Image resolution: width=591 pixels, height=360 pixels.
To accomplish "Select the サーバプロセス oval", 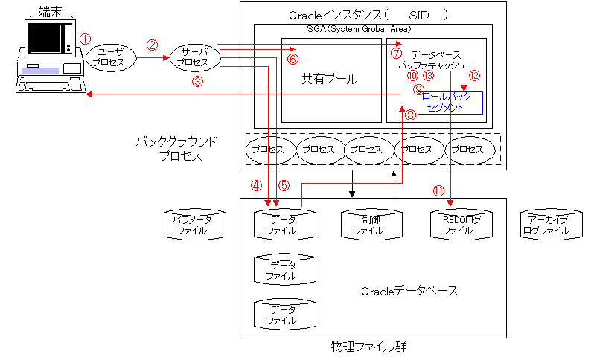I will coord(194,57).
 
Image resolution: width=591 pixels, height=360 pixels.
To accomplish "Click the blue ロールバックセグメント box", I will coord(450,103).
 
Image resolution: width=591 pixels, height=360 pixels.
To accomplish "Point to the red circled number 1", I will coord(85,38).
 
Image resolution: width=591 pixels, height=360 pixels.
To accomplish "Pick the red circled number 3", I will coord(197,83).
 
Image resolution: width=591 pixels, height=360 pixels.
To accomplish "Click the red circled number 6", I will coord(293,59).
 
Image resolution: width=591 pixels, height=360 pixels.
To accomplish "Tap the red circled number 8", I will coord(410,115).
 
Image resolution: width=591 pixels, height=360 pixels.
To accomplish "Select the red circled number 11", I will coord(438,190).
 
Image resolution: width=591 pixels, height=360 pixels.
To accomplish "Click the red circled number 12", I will coord(475,76).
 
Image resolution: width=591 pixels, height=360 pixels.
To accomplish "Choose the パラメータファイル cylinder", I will coord(192,225).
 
